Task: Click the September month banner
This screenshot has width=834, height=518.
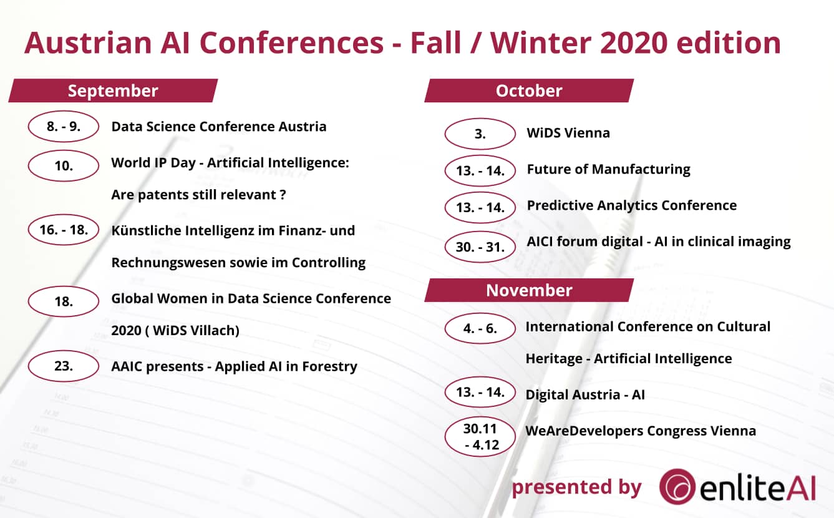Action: pos(113,90)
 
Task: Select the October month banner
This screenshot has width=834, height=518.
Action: pos(529,90)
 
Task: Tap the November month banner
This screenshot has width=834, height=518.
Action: pos(529,290)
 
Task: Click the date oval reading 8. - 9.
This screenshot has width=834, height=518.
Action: pos(64,127)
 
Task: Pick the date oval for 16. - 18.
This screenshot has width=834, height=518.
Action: pos(64,230)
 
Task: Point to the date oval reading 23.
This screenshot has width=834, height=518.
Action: pos(64,366)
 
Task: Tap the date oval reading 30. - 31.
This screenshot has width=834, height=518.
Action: pos(480,247)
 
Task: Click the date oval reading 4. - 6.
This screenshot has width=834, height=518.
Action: pos(480,328)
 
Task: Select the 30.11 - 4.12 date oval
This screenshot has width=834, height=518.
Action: pos(480,437)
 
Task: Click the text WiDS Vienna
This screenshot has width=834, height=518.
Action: pos(568,133)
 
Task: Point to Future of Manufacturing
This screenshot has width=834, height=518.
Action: pos(608,169)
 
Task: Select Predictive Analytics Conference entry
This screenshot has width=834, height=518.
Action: pos(631,205)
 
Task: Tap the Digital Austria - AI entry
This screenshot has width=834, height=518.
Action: pos(585,394)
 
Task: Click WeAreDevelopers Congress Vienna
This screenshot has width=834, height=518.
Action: pos(641,431)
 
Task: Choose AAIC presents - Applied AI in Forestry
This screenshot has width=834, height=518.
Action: pos(234,366)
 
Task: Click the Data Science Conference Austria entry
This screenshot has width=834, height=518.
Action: pos(218,127)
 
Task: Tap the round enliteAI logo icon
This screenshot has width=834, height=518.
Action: pos(678,486)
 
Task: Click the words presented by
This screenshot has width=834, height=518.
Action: pos(576,487)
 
